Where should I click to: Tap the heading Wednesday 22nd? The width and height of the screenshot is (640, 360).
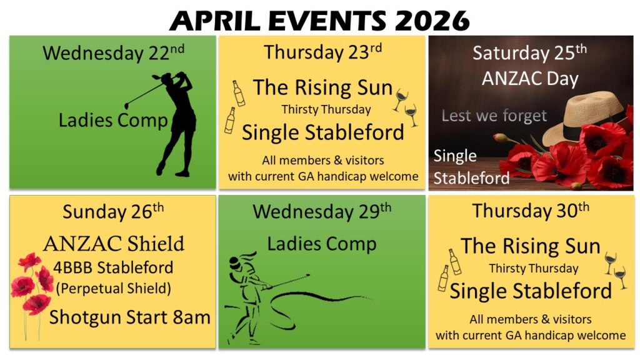click(x=113, y=52)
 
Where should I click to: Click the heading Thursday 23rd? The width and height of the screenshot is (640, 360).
click(x=323, y=52)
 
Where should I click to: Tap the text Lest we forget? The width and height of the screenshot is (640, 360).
click(x=494, y=116)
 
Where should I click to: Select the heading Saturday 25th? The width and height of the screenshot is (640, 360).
click(x=529, y=52)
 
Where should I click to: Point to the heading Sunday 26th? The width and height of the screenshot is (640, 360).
click(x=113, y=211)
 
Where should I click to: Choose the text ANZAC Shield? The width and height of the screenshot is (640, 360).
click(x=114, y=244)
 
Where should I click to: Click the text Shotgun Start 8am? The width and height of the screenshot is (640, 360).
click(x=130, y=317)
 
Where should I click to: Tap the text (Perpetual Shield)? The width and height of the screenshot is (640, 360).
click(x=114, y=288)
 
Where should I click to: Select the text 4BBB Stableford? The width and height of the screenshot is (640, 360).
click(x=114, y=267)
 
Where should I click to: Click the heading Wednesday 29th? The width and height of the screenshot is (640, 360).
click(x=322, y=211)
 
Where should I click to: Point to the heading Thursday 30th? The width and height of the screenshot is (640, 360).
click(x=531, y=211)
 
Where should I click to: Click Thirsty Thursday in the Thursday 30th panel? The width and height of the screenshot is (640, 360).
click(x=534, y=268)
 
